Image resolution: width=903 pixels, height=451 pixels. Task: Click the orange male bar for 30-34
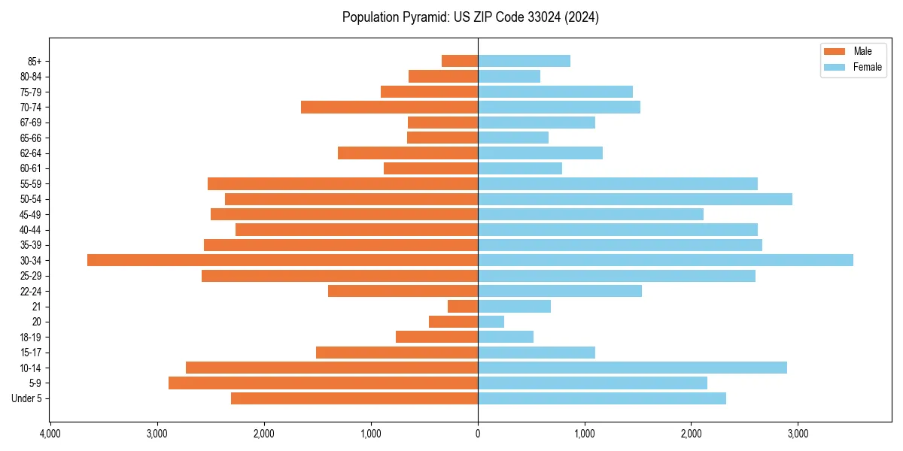point(282,260)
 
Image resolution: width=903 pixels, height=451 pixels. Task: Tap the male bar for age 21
point(463,307)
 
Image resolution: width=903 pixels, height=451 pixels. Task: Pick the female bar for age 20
point(491,322)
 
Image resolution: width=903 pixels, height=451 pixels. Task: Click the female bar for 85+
point(524,61)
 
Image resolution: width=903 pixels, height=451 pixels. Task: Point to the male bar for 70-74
point(389,107)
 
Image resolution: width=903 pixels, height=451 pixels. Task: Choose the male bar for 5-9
point(323,383)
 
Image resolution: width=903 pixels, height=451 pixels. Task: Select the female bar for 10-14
point(632,368)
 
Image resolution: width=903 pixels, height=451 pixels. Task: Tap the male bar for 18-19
point(436,337)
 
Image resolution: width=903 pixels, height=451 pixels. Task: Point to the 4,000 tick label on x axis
point(50,434)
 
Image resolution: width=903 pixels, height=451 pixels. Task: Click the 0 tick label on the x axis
point(478,434)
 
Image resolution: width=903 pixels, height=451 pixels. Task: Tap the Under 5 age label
point(26,398)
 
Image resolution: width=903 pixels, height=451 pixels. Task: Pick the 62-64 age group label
point(31,153)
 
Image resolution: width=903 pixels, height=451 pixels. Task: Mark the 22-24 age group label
point(31,291)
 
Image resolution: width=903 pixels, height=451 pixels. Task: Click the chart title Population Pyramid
point(470,17)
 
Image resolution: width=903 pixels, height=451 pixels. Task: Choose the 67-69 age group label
point(31,123)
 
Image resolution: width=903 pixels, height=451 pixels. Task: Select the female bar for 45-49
point(590,214)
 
